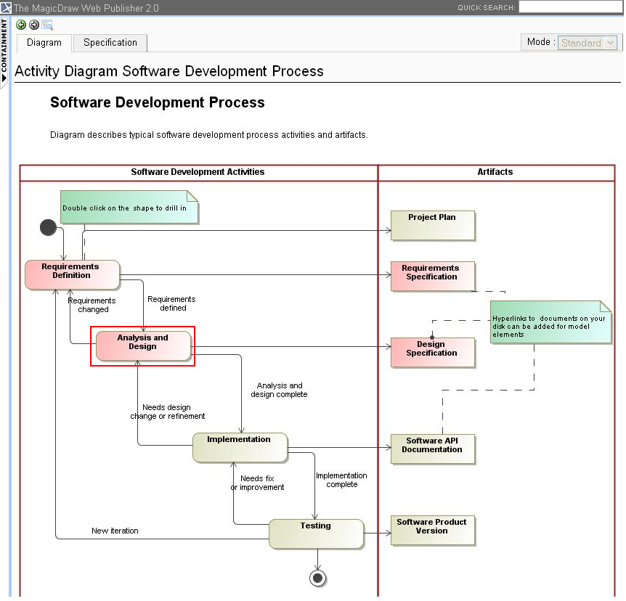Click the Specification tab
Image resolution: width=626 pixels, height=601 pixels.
(110, 43)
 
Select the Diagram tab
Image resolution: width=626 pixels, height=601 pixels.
(44, 43)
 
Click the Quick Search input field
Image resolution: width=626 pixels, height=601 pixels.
(571, 7)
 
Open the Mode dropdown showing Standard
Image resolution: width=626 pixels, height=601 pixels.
(588, 43)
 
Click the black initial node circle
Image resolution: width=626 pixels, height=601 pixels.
(48, 227)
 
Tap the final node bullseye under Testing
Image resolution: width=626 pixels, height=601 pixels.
(317, 578)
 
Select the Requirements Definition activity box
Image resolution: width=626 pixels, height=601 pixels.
(72, 274)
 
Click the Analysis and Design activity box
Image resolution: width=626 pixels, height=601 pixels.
(143, 346)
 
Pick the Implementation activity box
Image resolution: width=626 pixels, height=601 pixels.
(240, 446)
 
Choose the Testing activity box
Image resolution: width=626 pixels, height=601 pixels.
(316, 533)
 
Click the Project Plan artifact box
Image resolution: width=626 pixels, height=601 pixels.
(432, 225)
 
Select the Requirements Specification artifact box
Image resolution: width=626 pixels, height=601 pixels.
(432, 276)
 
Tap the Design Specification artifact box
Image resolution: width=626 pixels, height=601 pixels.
(432, 352)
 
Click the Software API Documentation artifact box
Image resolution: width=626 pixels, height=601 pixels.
(432, 449)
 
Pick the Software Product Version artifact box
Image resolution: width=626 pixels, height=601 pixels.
(432, 530)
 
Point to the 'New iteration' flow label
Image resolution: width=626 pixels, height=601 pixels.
(115, 531)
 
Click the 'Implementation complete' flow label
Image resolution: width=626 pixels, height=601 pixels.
(341, 480)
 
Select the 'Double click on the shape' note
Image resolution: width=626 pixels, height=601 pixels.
(128, 208)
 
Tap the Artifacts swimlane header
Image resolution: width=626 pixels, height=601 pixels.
(495, 172)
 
